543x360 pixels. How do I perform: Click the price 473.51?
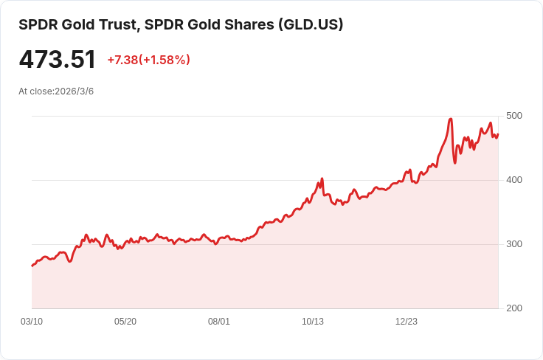click(x=57, y=60)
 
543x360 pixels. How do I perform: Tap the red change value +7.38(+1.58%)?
click(x=148, y=60)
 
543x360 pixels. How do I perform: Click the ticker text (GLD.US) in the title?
click(x=311, y=24)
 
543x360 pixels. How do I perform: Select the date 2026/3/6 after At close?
click(x=74, y=91)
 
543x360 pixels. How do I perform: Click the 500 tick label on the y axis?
click(x=513, y=116)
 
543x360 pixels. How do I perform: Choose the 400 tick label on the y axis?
click(x=513, y=180)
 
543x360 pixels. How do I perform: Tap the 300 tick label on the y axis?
click(x=513, y=244)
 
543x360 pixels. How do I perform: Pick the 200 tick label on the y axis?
click(x=513, y=308)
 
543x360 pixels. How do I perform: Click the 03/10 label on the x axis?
click(x=32, y=322)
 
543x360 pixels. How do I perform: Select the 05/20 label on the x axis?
click(x=125, y=322)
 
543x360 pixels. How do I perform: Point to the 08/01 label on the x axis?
click(x=219, y=322)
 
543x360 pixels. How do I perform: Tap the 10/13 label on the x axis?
click(x=313, y=322)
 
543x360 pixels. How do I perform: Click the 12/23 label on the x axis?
click(x=407, y=322)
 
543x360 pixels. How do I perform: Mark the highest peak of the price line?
click(x=450, y=119)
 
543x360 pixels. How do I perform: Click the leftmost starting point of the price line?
click(x=32, y=266)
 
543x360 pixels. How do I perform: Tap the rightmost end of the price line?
click(x=498, y=134)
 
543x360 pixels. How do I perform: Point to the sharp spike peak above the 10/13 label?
click(x=322, y=179)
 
